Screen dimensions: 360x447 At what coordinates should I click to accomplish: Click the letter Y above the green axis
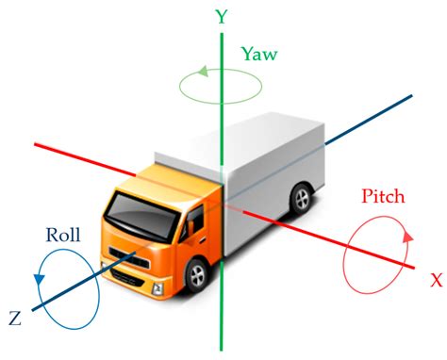coord(222,16)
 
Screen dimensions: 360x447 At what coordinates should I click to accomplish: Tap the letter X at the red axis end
coord(436,280)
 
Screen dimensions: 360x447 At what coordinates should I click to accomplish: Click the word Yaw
coord(258,55)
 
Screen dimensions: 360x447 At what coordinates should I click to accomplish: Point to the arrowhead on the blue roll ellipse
coord(37,279)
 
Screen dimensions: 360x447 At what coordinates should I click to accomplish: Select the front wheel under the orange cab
coord(196,275)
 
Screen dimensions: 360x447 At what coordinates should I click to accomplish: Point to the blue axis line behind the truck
coord(377,113)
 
